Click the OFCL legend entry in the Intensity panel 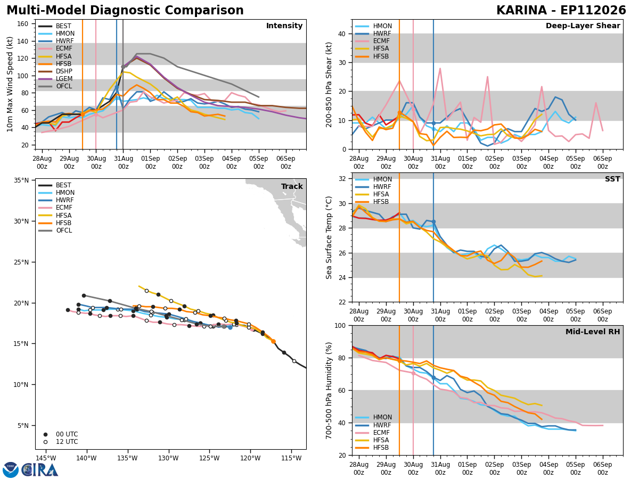(55, 86)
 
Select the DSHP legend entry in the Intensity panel (55, 71)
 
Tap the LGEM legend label (64, 79)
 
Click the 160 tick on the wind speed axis (22, 24)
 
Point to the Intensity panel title (284, 26)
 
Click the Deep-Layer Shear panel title (583, 26)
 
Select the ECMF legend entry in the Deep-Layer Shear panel (372, 41)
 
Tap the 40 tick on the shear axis (342, 34)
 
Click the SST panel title (612, 179)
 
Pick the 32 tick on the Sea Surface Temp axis (342, 179)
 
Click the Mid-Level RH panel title (593, 332)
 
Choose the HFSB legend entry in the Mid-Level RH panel (372, 448)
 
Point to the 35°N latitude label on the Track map (21, 180)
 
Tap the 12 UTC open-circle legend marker (45, 442)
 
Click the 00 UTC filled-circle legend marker (45, 434)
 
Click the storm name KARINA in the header (522, 11)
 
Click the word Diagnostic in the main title (125, 11)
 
